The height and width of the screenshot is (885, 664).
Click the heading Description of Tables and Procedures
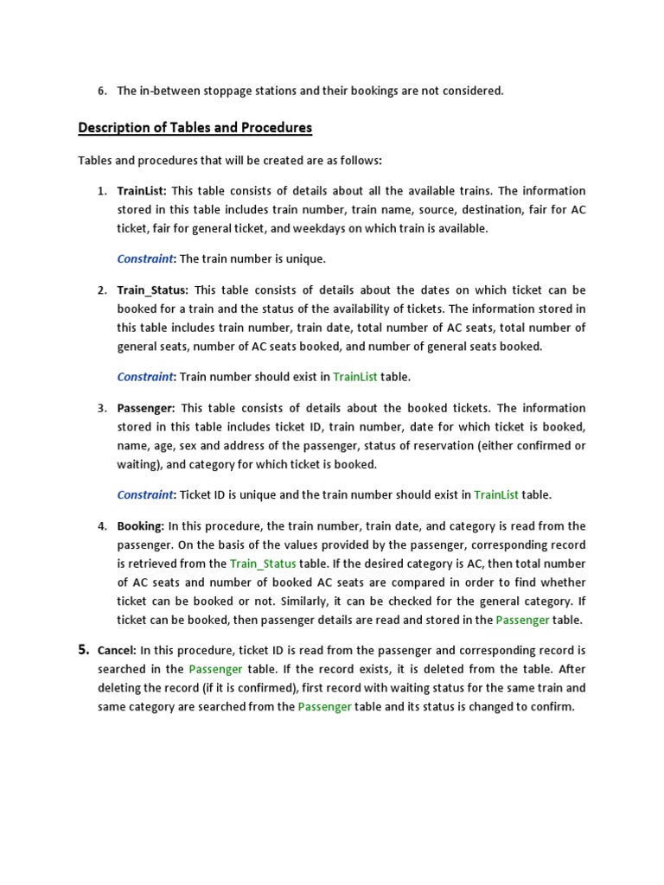tap(195, 128)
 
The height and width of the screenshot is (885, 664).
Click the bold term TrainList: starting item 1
tap(142, 190)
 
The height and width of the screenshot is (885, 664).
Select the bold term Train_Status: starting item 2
tap(153, 290)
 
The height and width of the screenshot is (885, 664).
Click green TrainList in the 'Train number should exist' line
tap(354, 377)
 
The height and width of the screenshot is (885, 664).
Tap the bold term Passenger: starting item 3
tap(146, 408)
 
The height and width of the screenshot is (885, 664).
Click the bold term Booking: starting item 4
tap(141, 525)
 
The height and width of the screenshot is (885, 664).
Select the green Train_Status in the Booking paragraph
tap(263, 563)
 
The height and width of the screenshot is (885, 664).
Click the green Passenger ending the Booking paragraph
tap(523, 620)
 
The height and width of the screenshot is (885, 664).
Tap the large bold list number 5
tap(84, 650)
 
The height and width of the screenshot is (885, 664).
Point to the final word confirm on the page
tap(553, 707)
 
